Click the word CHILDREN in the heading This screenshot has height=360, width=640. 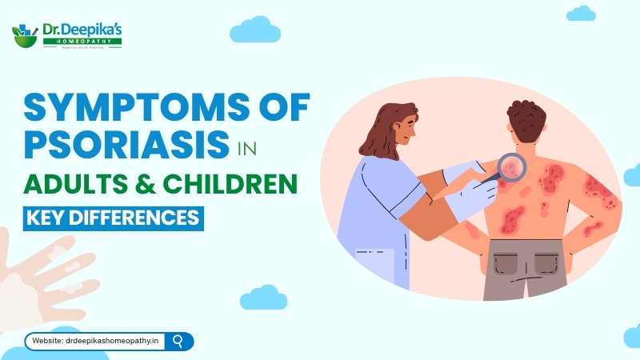pos(232,183)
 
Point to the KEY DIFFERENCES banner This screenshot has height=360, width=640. pos(113,217)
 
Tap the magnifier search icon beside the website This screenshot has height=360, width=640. pos(178,341)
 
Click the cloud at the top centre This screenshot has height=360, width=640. pos(255,31)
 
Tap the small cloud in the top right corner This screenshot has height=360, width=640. pos(581,14)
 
